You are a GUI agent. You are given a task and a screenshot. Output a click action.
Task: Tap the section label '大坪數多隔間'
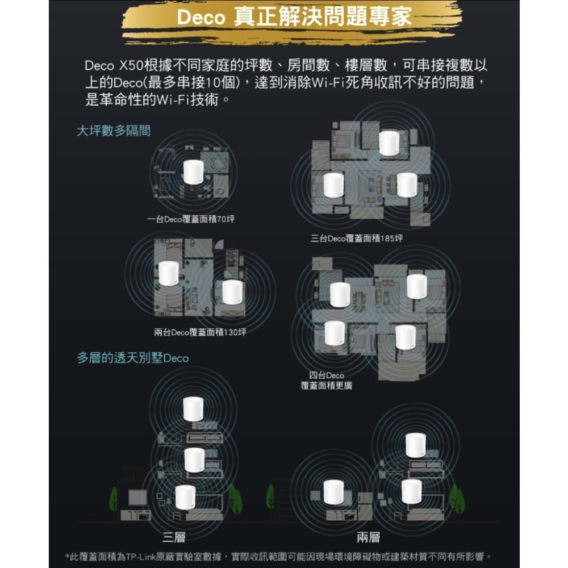click(114, 131)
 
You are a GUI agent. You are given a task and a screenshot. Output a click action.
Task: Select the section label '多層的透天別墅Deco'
click(133, 358)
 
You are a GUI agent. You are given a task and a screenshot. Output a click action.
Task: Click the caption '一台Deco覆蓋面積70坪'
click(190, 219)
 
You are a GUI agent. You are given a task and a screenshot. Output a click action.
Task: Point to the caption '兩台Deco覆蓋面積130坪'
click(200, 332)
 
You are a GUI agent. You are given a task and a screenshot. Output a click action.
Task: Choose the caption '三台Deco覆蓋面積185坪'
click(357, 238)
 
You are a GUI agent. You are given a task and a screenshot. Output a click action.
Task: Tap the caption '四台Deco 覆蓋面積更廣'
click(327, 381)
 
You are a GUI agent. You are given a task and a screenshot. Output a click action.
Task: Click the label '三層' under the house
click(173, 537)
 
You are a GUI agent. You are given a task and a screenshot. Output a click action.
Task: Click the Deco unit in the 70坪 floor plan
click(193, 172)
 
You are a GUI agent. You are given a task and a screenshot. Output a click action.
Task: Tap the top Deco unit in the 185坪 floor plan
click(389, 143)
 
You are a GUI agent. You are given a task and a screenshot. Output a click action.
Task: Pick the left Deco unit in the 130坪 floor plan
click(169, 274)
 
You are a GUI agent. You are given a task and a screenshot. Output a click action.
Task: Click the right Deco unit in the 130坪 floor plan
click(232, 292)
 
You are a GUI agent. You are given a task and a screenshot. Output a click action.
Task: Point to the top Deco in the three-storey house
click(193, 409)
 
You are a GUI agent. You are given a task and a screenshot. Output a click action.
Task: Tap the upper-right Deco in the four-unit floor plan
click(416, 286)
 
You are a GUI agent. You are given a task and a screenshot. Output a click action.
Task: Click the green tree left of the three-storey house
click(114, 499)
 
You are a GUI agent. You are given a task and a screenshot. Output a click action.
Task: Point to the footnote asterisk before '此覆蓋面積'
click(68, 556)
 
